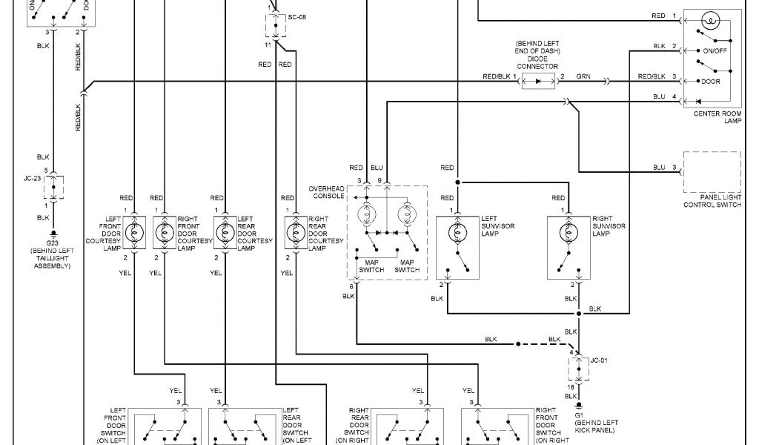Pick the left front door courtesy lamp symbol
click(134, 232)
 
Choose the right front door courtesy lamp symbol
click(165, 232)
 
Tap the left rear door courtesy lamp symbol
click(225, 232)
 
